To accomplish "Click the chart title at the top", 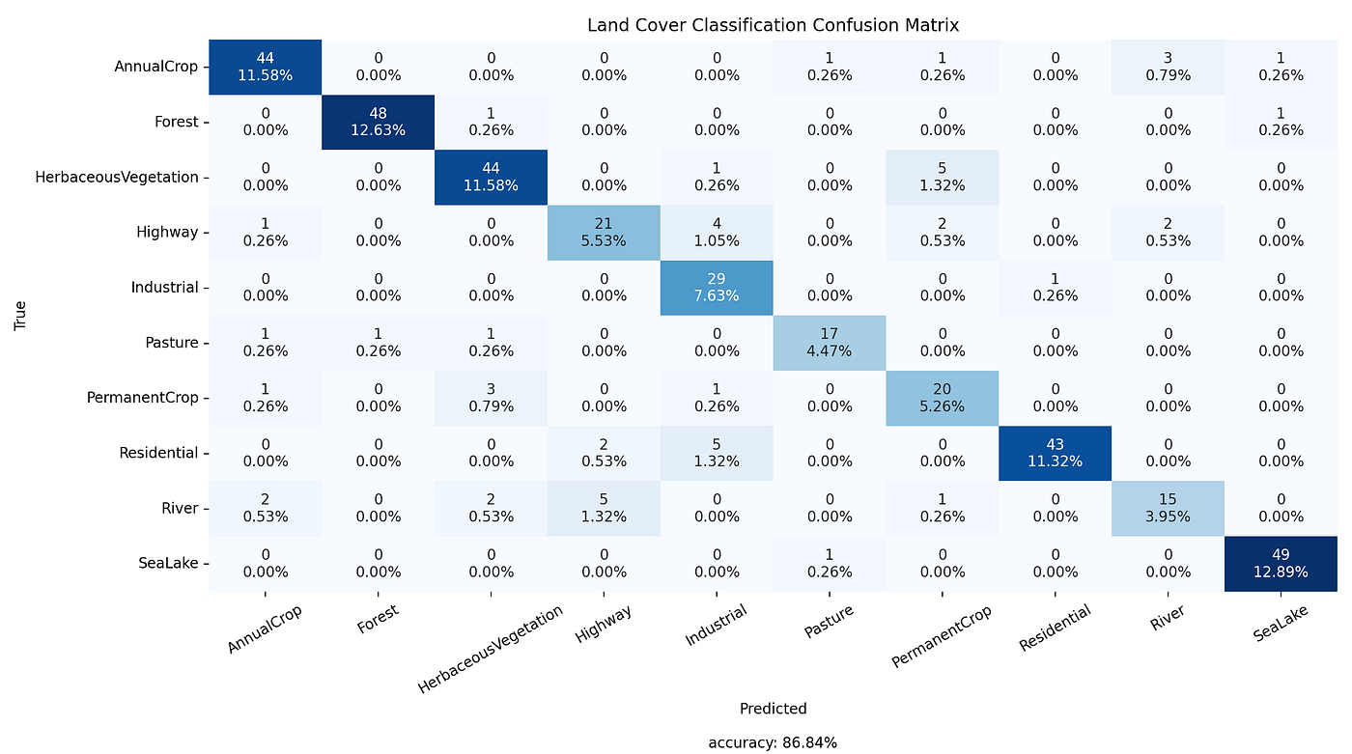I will click(x=773, y=25).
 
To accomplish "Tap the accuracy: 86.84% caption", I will click(x=773, y=742).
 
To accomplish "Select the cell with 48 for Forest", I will click(x=378, y=123).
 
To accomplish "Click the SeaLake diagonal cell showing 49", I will click(x=1281, y=564).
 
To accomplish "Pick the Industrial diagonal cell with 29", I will click(x=717, y=288).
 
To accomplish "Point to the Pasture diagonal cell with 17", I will click(x=830, y=343).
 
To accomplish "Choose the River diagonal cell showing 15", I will click(x=1168, y=509).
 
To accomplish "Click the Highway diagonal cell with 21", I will click(x=604, y=233).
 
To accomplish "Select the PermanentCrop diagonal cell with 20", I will click(x=942, y=398).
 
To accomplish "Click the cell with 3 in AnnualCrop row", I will click(x=1168, y=68).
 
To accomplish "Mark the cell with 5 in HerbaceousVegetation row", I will click(x=942, y=178).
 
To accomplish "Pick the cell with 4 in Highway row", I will click(x=717, y=233).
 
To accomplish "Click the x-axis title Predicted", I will click(x=773, y=709).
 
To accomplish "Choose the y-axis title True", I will click(x=20, y=316).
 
